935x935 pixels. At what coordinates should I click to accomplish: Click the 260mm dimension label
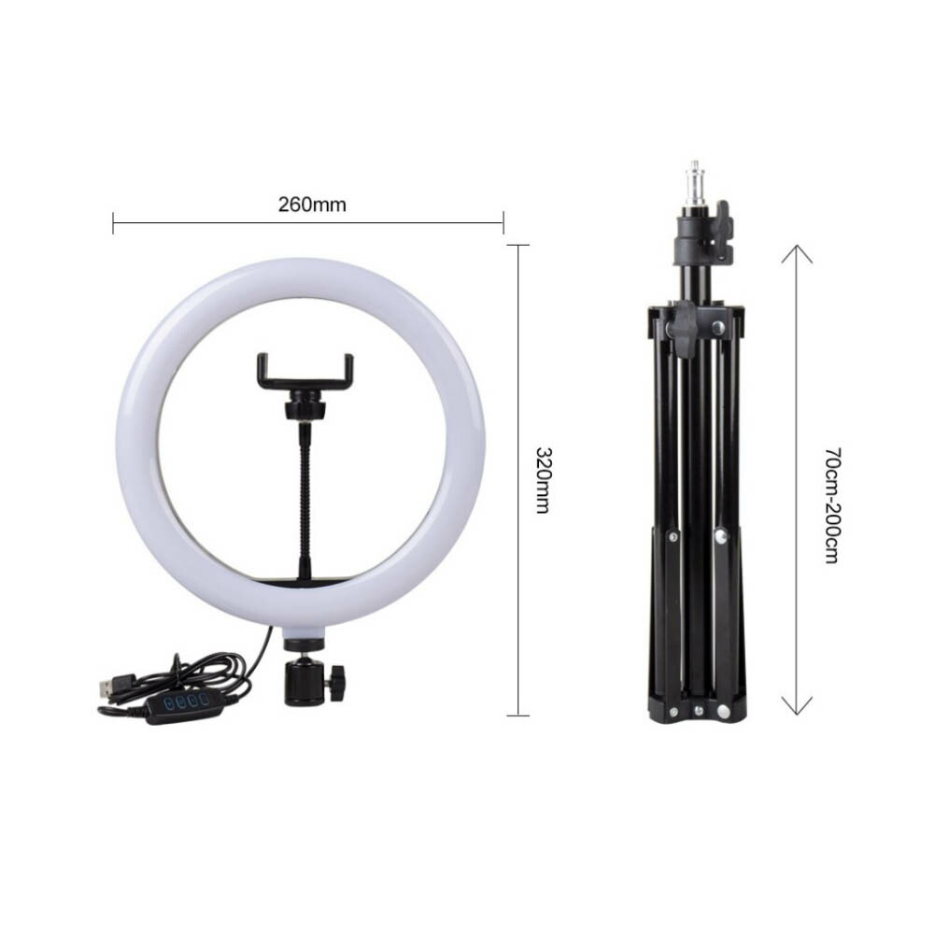tap(312, 205)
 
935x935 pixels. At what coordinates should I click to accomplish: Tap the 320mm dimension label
tap(542, 480)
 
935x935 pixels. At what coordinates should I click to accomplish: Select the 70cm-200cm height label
tap(832, 505)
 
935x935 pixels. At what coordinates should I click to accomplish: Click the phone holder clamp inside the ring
tap(305, 374)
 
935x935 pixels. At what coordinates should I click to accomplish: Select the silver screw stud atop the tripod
tap(694, 186)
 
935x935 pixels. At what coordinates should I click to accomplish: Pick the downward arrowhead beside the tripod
tap(797, 706)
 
